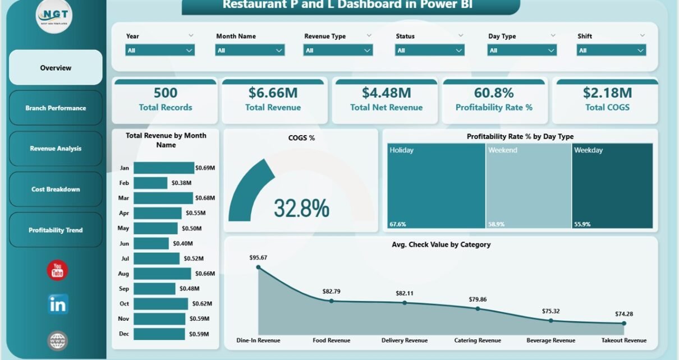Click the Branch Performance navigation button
(56, 108)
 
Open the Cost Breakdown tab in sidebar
(56, 189)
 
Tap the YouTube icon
(57, 271)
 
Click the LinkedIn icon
(58, 304)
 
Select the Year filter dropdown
(160, 50)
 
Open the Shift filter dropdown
(611, 50)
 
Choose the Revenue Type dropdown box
(338, 50)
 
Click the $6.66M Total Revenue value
(273, 93)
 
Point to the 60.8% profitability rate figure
(493, 93)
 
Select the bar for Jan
(164, 168)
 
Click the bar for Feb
(150, 183)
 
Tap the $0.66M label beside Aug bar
(204, 274)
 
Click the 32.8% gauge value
(301, 208)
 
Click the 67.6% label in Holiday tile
(397, 224)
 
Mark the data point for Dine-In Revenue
(259, 267)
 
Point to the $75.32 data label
(550, 311)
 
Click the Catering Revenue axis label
(478, 340)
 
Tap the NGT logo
(54, 16)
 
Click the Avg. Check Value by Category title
(441, 244)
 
